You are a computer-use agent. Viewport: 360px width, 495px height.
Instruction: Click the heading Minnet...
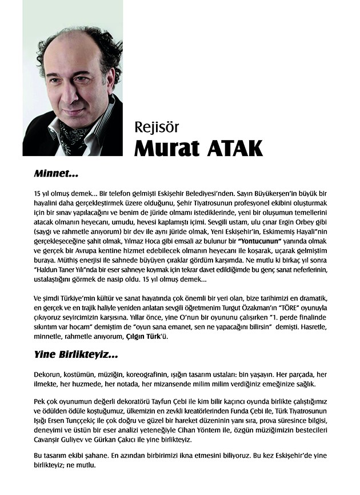(55, 171)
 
